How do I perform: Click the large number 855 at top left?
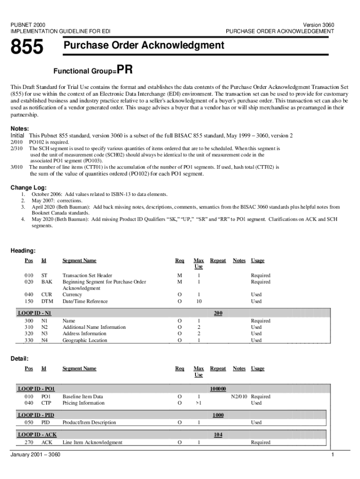[27, 47]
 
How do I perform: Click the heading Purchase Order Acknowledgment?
[144, 45]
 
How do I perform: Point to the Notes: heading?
[20, 129]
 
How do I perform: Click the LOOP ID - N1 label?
[34, 312]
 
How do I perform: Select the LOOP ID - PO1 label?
[36, 389]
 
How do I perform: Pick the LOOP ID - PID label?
[36, 415]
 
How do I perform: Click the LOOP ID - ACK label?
[36, 435]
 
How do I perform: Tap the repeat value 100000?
[218, 389]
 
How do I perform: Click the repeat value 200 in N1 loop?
[218, 312]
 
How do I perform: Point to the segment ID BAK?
[46, 282]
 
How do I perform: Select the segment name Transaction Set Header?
[87, 276]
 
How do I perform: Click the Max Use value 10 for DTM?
[199, 301]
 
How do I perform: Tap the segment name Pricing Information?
[83, 403]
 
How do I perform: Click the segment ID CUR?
[46, 295]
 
